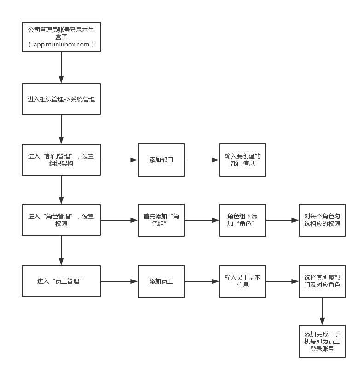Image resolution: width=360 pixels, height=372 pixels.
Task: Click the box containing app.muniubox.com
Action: pyautogui.click(x=61, y=37)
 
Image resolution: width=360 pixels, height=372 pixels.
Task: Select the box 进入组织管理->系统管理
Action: pyautogui.click(x=61, y=99)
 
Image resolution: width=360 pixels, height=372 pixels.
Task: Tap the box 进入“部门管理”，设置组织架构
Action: pyautogui.click(x=61, y=160)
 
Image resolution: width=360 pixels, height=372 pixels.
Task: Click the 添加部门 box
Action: pyautogui.click(x=161, y=160)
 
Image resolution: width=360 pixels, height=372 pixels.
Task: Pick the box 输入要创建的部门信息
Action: pyautogui.click(x=242, y=160)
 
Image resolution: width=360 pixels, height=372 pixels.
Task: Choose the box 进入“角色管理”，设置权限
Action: pyautogui.click(x=61, y=220)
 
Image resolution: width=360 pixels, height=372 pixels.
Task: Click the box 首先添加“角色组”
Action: pyautogui.click(x=161, y=220)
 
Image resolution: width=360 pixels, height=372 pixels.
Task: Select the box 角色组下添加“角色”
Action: pyautogui.click(x=242, y=220)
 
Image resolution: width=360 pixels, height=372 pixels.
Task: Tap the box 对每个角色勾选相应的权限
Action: pyautogui.click(x=322, y=220)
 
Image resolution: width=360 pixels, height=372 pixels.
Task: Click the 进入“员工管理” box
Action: pyautogui.click(x=61, y=281)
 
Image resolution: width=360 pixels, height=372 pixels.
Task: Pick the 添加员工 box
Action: pyautogui.click(x=161, y=281)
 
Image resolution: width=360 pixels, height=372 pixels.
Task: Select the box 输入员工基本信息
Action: pyautogui.click(x=242, y=281)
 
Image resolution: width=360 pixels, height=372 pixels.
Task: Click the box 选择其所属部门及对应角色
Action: pyautogui.click(x=322, y=281)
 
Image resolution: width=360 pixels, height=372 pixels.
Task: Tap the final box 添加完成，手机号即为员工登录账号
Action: pyautogui.click(x=322, y=341)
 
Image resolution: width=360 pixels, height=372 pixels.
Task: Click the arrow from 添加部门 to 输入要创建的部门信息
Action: pyautogui.click(x=202, y=160)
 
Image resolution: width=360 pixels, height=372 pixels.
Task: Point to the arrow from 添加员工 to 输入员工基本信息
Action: pyautogui.click(x=202, y=281)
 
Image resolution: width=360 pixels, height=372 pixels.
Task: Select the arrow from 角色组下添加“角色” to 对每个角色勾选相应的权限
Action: pyautogui.click(x=282, y=220)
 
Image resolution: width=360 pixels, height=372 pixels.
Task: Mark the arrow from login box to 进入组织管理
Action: pyautogui.click(x=61, y=68)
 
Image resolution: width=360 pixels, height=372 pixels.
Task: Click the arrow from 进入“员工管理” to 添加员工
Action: pyautogui.click(x=119, y=281)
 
